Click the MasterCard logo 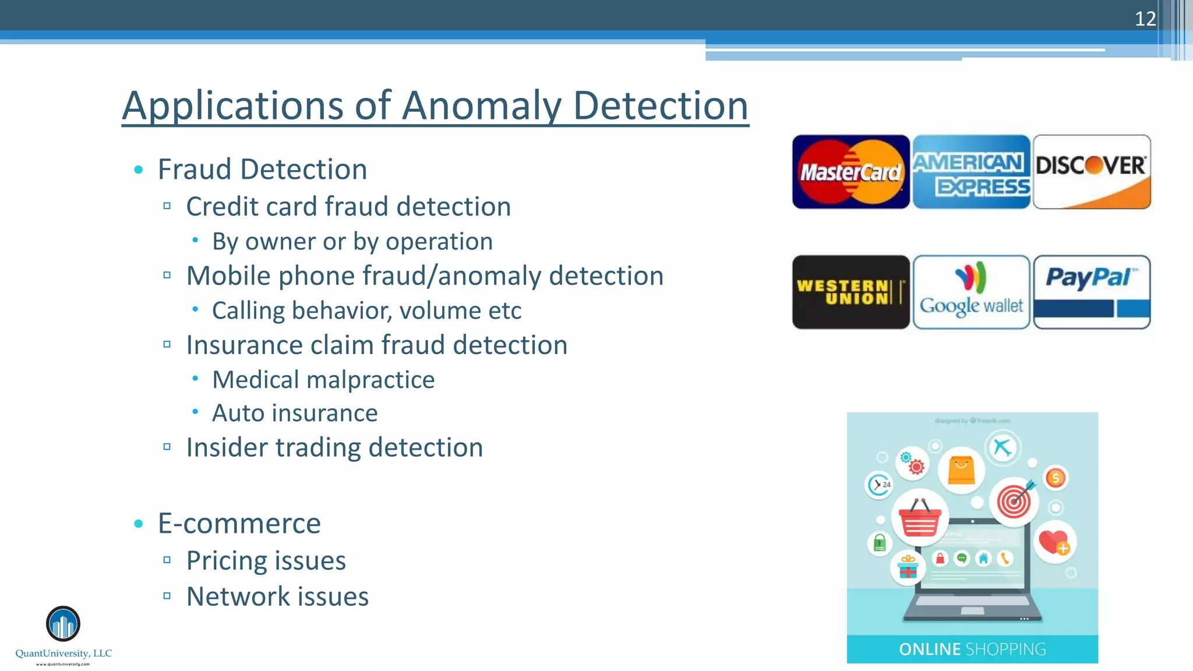click(850, 172)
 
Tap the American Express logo click(971, 172)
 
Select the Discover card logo click(1092, 172)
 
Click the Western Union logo click(850, 292)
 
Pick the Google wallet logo click(971, 292)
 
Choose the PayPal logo click(1092, 292)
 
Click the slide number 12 click(1145, 19)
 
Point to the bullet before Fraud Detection click(139, 169)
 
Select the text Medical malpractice click(323, 380)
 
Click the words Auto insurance click(295, 413)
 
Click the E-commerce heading click(239, 523)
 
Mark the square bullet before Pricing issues click(167, 560)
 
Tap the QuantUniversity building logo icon click(63, 624)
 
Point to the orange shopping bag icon click(961, 470)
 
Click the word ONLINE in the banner click(930, 649)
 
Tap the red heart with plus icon click(1055, 542)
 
